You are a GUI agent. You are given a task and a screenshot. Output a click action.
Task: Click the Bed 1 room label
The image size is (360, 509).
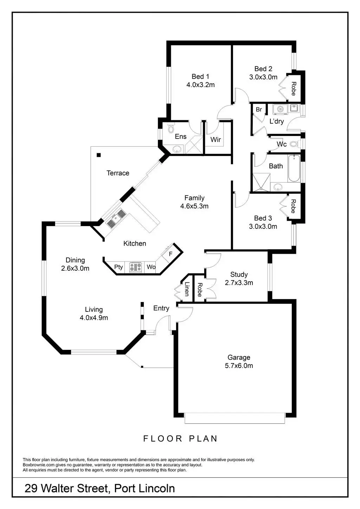click(x=200, y=76)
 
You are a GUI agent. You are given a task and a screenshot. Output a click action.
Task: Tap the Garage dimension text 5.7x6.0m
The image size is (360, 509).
click(x=239, y=366)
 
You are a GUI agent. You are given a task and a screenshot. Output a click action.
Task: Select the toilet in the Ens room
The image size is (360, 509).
click(x=171, y=128)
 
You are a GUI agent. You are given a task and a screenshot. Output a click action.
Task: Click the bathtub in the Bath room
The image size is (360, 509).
click(x=294, y=169)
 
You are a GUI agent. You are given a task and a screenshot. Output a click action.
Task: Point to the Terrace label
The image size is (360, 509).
click(x=118, y=173)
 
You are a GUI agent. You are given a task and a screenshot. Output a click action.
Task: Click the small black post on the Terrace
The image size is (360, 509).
click(x=99, y=155)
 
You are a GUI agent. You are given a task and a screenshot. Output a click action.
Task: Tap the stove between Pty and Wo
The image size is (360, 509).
click(x=135, y=267)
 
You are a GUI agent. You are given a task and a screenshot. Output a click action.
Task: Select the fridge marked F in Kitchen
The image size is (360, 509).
click(x=171, y=253)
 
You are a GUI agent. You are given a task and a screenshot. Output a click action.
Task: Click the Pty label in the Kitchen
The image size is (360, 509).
click(x=118, y=267)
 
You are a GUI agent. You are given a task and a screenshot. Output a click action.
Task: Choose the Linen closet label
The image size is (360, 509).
click(x=187, y=289)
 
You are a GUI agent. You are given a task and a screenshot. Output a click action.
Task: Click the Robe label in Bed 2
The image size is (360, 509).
click(x=293, y=89)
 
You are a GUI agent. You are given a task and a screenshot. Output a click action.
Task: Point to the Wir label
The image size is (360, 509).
click(x=216, y=140)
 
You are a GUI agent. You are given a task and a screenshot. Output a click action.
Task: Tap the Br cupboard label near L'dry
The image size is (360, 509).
click(x=259, y=109)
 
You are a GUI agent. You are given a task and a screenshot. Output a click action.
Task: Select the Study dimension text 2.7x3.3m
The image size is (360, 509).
click(x=239, y=283)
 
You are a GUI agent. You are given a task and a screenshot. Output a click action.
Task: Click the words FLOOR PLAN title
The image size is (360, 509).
click(x=180, y=439)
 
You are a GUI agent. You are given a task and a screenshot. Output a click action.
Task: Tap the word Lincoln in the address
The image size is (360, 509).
click(x=155, y=489)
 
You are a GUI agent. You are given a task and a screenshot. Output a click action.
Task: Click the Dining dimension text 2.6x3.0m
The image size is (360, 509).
click(x=75, y=268)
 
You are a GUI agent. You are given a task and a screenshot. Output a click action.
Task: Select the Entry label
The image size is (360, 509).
click(x=161, y=308)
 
